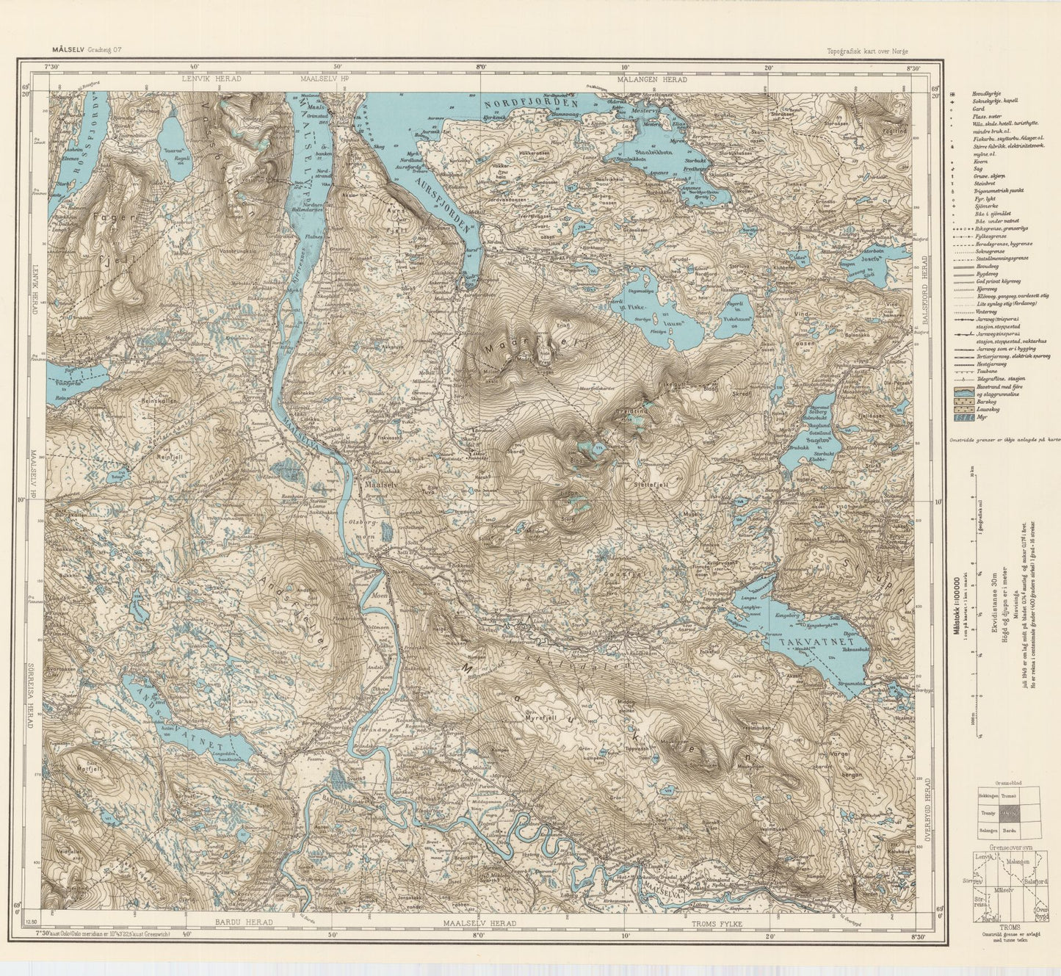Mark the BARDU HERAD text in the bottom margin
[243, 922]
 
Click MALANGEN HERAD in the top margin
[652, 79]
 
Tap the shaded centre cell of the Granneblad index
[1007, 813]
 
